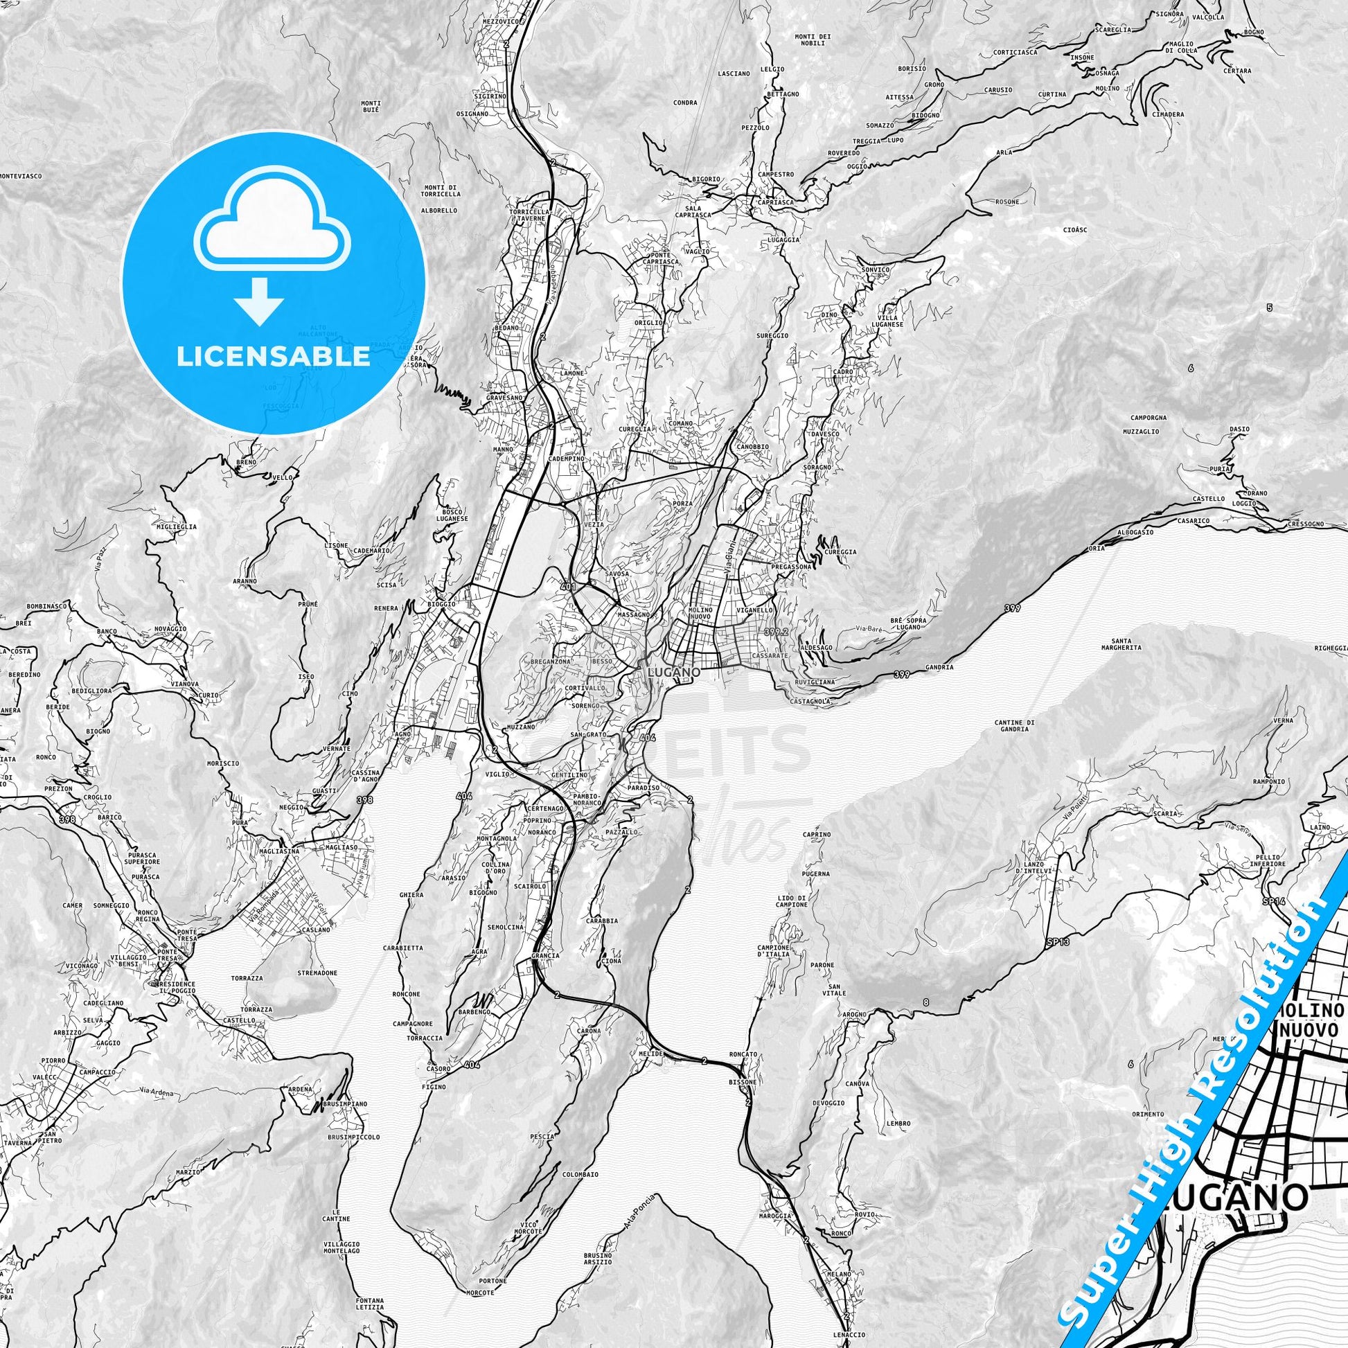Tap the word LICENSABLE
point(273,356)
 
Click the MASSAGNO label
point(633,614)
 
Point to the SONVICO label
point(876,269)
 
